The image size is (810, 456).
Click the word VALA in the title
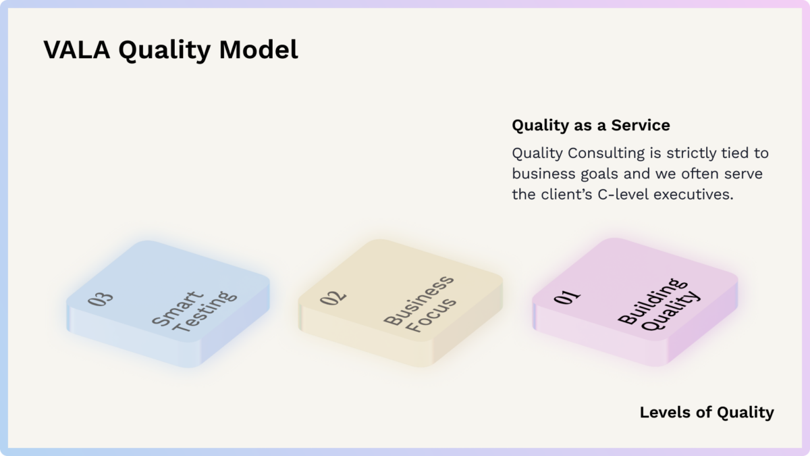tap(77, 49)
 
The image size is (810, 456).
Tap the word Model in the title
tap(259, 49)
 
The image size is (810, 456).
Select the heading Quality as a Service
tap(591, 126)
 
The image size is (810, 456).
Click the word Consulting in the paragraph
tap(606, 153)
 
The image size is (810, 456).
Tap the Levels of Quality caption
tap(707, 413)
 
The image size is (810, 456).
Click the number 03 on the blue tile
tap(101, 299)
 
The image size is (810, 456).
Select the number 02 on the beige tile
tap(333, 297)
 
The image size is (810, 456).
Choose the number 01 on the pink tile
tap(567, 297)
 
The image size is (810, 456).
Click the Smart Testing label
tap(194, 311)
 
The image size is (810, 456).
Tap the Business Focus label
tap(419, 304)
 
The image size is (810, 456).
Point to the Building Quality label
tap(659, 305)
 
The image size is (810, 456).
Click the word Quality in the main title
tap(165, 50)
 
